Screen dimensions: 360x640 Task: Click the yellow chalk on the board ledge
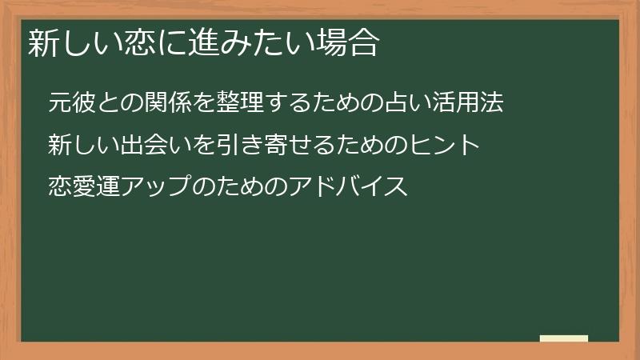pos(564,338)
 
